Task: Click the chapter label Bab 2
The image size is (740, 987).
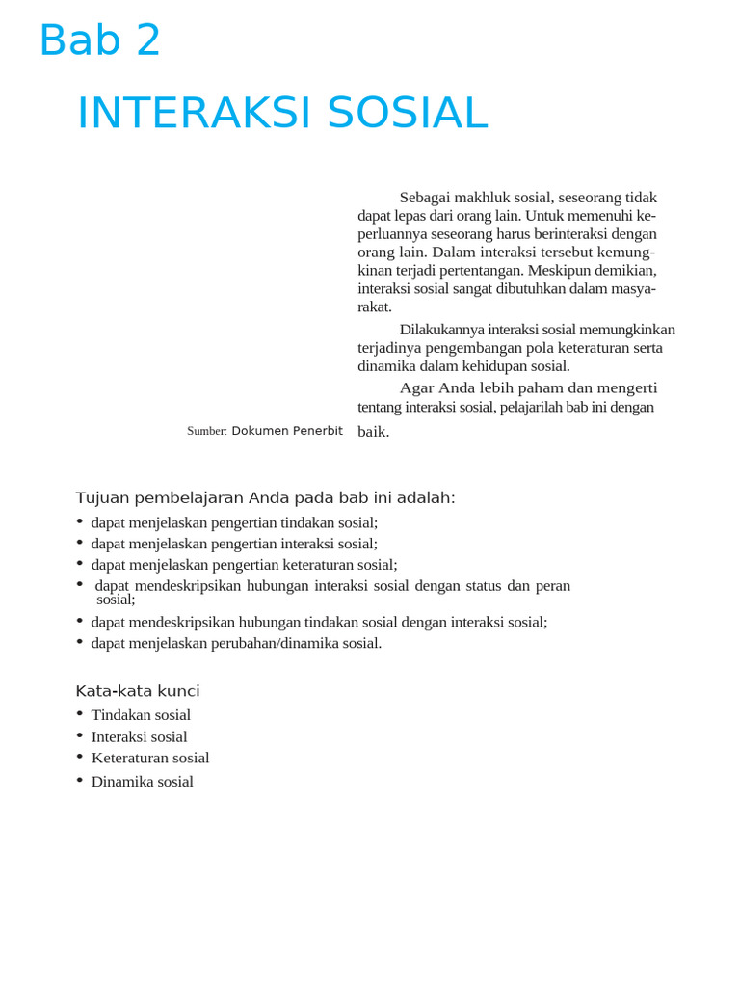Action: (100, 41)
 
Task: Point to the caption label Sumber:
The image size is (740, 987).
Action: (206, 431)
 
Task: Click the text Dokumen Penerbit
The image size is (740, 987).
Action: (287, 431)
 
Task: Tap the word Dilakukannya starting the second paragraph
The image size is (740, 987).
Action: (442, 330)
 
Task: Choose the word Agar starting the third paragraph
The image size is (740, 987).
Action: (416, 387)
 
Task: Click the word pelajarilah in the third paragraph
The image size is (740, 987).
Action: (536, 407)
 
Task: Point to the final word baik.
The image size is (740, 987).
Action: (374, 432)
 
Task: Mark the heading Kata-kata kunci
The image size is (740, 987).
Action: (138, 691)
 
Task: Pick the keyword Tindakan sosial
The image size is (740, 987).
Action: (141, 715)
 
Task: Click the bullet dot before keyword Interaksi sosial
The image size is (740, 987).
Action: (80, 734)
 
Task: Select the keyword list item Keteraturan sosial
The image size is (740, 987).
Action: (150, 759)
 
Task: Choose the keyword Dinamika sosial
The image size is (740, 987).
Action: (143, 782)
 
